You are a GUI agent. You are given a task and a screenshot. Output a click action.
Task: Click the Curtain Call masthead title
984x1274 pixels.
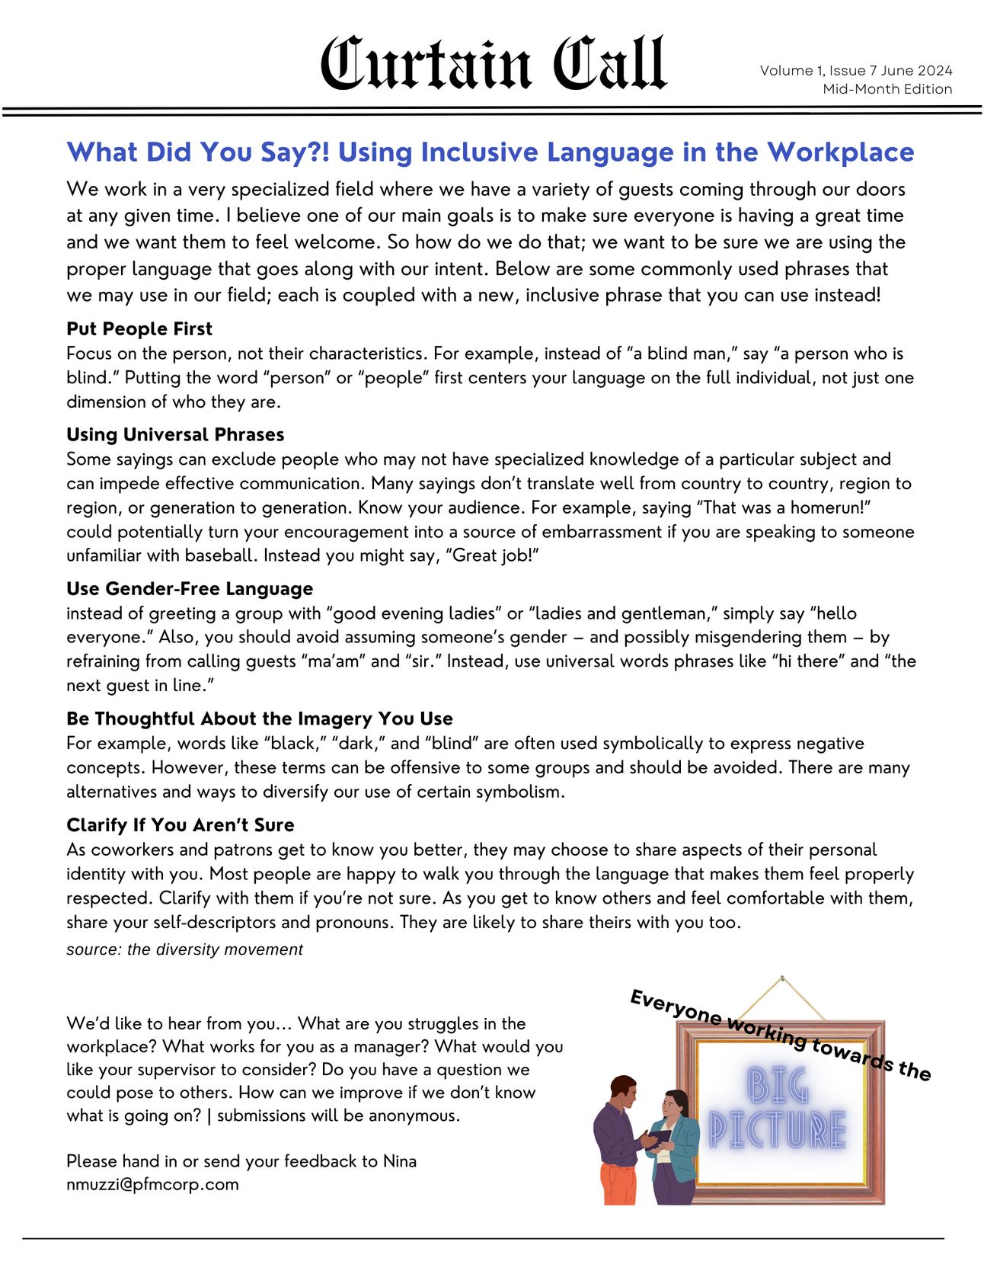pyautogui.click(x=493, y=64)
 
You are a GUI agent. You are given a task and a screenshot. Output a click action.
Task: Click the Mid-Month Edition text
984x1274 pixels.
pyautogui.click(x=887, y=89)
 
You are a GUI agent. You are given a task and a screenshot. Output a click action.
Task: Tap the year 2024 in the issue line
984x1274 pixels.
pyautogui.click(x=934, y=71)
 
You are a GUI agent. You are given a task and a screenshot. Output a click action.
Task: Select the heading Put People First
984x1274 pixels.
pyautogui.click(x=139, y=329)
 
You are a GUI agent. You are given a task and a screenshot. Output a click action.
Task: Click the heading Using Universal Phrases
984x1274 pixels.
pyautogui.click(x=175, y=435)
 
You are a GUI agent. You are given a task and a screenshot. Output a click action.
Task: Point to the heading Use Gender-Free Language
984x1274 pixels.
pyautogui.click(x=190, y=589)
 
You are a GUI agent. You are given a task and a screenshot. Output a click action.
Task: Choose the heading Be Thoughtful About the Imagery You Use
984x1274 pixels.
pyautogui.click(x=259, y=719)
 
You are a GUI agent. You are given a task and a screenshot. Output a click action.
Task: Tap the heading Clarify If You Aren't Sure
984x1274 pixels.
pyautogui.click(x=180, y=825)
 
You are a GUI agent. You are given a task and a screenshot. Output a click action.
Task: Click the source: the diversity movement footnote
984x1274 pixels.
pyautogui.click(x=184, y=949)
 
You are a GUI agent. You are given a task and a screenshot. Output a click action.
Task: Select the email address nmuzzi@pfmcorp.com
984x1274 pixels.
pyautogui.click(x=152, y=1184)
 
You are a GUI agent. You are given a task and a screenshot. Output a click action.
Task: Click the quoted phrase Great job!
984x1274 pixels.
pyautogui.click(x=495, y=555)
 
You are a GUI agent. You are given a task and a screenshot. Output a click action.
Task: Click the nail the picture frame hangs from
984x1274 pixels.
pyautogui.click(x=782, y=978)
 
